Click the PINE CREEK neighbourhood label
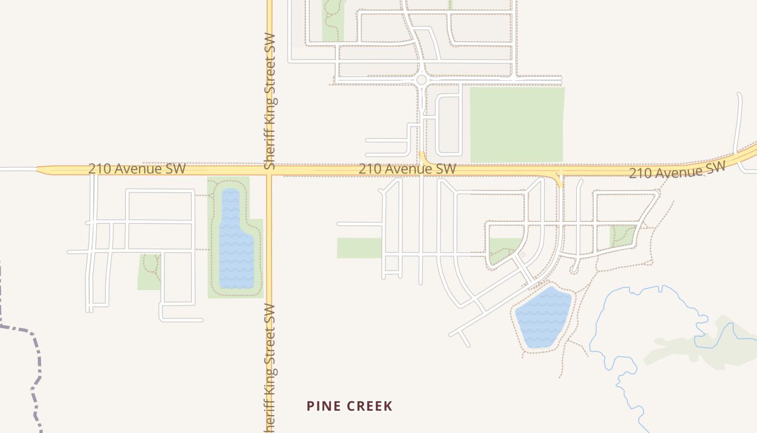click(349, 406)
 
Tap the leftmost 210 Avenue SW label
click(137, 169)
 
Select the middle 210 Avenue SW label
click(407, 169)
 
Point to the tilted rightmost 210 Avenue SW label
click(676, 170)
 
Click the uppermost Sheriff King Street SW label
click(270, 101)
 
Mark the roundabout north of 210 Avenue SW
click(422, 80)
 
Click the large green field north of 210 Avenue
click(517, 124)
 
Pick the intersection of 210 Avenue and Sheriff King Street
click(269, 169)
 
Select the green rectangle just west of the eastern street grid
click(358, 248)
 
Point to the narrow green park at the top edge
click(333, 22)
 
